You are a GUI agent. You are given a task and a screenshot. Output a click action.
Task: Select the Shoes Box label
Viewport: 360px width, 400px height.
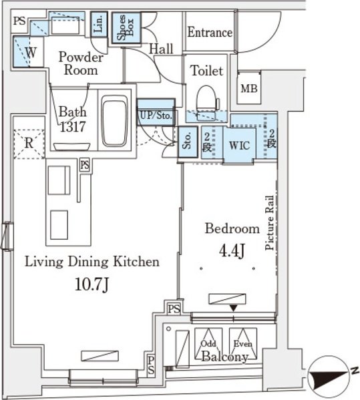click(x=126, y=27)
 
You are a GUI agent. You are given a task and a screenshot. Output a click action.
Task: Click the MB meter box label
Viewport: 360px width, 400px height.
click(x=249, y=89)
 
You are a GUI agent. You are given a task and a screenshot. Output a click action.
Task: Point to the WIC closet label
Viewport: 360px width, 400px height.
click(x=239, y=146)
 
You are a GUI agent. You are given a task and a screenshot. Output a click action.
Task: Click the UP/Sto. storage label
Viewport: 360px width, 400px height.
click(x=156, y=116)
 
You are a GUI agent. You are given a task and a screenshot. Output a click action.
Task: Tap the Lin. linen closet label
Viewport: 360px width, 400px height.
click(x=99, y=24)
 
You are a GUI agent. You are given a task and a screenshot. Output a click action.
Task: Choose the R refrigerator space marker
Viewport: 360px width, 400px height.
click(x=29, y=144)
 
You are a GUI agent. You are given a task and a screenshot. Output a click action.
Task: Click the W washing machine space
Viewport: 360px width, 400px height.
click(x=29, y=52)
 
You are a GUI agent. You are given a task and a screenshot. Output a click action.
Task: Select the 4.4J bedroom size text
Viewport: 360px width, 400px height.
click(x=232, y=250)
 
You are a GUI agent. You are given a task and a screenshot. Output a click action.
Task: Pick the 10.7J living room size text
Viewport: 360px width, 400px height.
click(x=92, y=284)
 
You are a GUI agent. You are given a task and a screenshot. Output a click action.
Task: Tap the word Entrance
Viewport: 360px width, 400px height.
click(x=210, y=33)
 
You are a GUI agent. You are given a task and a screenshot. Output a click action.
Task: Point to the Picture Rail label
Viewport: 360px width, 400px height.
click(x=269, y=222)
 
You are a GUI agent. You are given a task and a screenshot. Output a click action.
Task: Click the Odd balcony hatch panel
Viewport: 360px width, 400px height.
click(x=208, y=343)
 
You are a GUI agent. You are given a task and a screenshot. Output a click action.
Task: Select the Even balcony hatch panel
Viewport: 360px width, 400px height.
click(x=243, y=343)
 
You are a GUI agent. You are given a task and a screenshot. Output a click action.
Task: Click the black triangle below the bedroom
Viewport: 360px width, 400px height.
click(x=234, y=308)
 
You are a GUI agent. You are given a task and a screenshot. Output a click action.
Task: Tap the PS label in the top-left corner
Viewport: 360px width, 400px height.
click(x=19, y=21)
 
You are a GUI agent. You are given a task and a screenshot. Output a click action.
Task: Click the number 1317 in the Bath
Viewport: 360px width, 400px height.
click(x=73, y=126)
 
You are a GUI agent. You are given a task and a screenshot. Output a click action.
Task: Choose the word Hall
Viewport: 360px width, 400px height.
click(x=161, y=49)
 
